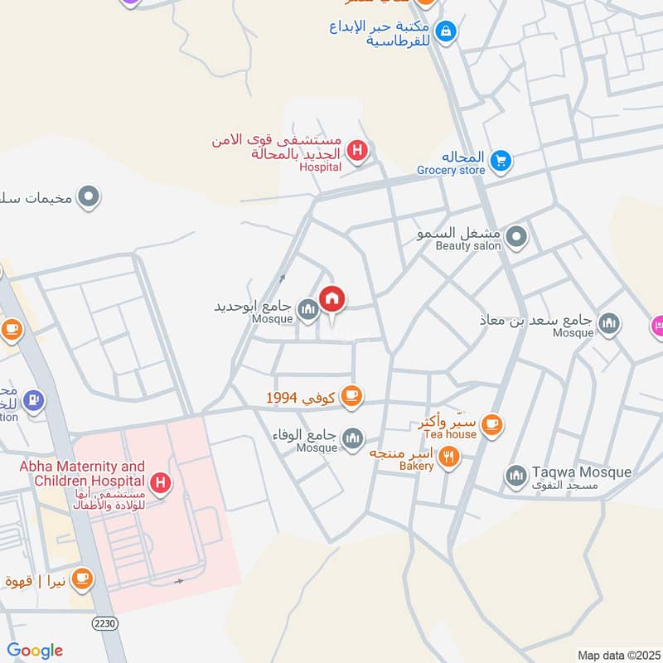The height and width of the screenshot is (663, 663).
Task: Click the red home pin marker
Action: pyautogui.click(x=332, y=298)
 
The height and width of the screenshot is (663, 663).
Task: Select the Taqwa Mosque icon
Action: pyautogui.click(x=516, y=476)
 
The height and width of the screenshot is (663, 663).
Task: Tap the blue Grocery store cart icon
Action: pyautogui.click(x=500, y=161)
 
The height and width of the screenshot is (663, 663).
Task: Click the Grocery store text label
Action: pyautogui.click(x=451, y=171)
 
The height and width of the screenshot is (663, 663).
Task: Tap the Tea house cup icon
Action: pyautogui.click(x=492, y=424)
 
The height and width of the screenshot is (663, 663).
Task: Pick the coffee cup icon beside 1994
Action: pyautogui.click(x=351, y=396)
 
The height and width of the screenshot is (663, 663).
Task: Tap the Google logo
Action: pyautogui.click(x=35, y=651)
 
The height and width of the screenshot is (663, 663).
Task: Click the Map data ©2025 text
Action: pyautogui.click(x=617, y=655)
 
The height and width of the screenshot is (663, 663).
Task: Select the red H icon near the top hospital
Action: pyautogui.click(x=357, y=151)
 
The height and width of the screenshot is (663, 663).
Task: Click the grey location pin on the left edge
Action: pyautogui.click(x=89, y=197)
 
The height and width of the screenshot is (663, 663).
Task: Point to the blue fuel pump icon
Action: pyautogui.click(x=33, y=400)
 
